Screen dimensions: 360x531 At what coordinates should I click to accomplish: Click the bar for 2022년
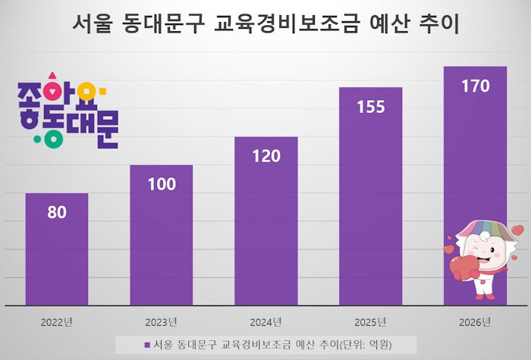[57, 249]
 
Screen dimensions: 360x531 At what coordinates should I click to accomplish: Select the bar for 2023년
[161, 235]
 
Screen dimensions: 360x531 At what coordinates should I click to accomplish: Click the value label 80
[57, 212]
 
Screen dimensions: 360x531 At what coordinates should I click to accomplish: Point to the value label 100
[161, 184]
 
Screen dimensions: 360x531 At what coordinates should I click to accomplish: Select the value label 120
[265, 156]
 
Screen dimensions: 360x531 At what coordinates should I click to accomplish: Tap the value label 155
[370, 107]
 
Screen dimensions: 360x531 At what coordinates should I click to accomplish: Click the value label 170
[475, 86]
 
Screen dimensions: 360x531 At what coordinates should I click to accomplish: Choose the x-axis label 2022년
[57, 321]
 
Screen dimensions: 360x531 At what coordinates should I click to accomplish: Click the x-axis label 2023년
[161, 321]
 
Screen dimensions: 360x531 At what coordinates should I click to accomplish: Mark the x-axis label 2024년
[265, 321]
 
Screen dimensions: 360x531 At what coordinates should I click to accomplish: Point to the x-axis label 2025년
[370, 321]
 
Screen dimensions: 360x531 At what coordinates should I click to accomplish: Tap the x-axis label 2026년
[475, 321]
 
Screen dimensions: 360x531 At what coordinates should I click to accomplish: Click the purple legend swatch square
[146, 345]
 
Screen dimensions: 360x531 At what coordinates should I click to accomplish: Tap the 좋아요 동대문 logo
[66, 111]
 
